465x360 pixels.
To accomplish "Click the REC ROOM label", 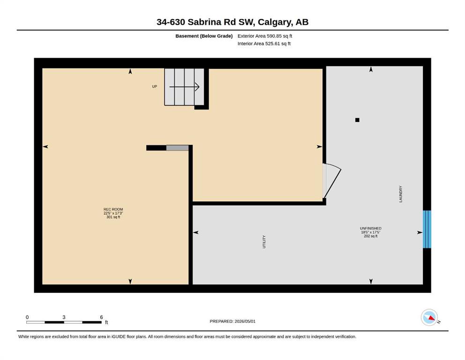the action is pos(113,209).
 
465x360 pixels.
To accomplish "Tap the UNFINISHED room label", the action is pos(371,228).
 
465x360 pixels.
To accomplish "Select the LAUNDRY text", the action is pos(401,194).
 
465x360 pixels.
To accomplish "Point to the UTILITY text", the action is pos(264,241).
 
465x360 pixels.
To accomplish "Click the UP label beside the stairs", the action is pos(155,86).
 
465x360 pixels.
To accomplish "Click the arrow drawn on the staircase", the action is pos(184,87).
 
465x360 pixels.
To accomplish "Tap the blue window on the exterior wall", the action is pos(427,229).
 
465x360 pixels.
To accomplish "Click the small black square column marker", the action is pos(357,120).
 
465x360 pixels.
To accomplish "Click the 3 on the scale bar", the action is pos(64,317).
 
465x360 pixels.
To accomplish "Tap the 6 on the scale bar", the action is pos(102,317).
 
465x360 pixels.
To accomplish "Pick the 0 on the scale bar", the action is pos(27,317).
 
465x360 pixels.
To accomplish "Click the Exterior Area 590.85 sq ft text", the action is pos(265,36).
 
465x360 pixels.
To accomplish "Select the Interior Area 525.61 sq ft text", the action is pos(264,43).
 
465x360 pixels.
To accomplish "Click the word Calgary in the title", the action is pos(274,22).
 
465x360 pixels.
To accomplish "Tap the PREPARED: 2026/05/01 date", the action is pos(232,321).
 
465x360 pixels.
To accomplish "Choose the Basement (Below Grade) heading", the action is pos(204,36).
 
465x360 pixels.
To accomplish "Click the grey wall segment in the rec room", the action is pos(177,148).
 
